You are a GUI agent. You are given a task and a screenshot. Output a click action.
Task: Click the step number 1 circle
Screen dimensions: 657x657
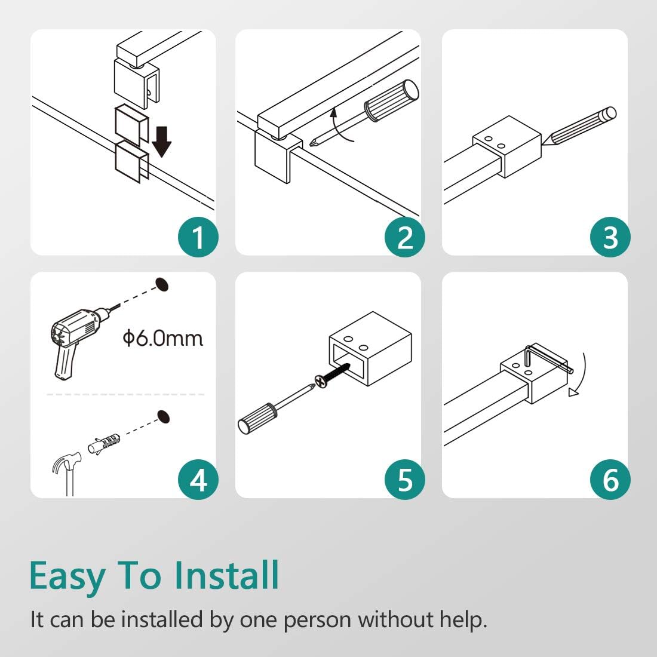[198, 237]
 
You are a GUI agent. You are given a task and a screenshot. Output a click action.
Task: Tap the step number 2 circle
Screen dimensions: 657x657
[405, 237]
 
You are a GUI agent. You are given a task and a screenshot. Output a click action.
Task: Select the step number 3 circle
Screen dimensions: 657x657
[610, 237]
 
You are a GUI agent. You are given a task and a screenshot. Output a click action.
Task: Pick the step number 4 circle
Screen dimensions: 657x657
[198, 480]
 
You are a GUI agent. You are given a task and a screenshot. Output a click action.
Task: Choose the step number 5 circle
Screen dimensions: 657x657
[405, 480]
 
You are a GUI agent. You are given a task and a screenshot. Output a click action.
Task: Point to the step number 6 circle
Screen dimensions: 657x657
[610, 480]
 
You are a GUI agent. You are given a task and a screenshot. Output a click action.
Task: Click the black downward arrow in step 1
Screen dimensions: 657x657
[161, 142]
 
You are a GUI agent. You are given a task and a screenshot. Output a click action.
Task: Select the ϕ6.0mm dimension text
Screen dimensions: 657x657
[163, 338]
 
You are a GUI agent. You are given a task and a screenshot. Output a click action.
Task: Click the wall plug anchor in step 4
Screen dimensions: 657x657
[104, 444]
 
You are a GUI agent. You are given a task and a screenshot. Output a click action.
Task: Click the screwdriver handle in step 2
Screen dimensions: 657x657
[391, 100]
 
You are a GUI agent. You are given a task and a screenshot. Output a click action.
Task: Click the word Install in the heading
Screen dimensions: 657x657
[226, 575]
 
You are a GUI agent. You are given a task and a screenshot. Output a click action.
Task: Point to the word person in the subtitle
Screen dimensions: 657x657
[317, 621]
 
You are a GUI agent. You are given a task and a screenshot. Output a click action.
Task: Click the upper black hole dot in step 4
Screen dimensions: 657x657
[162, 284]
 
